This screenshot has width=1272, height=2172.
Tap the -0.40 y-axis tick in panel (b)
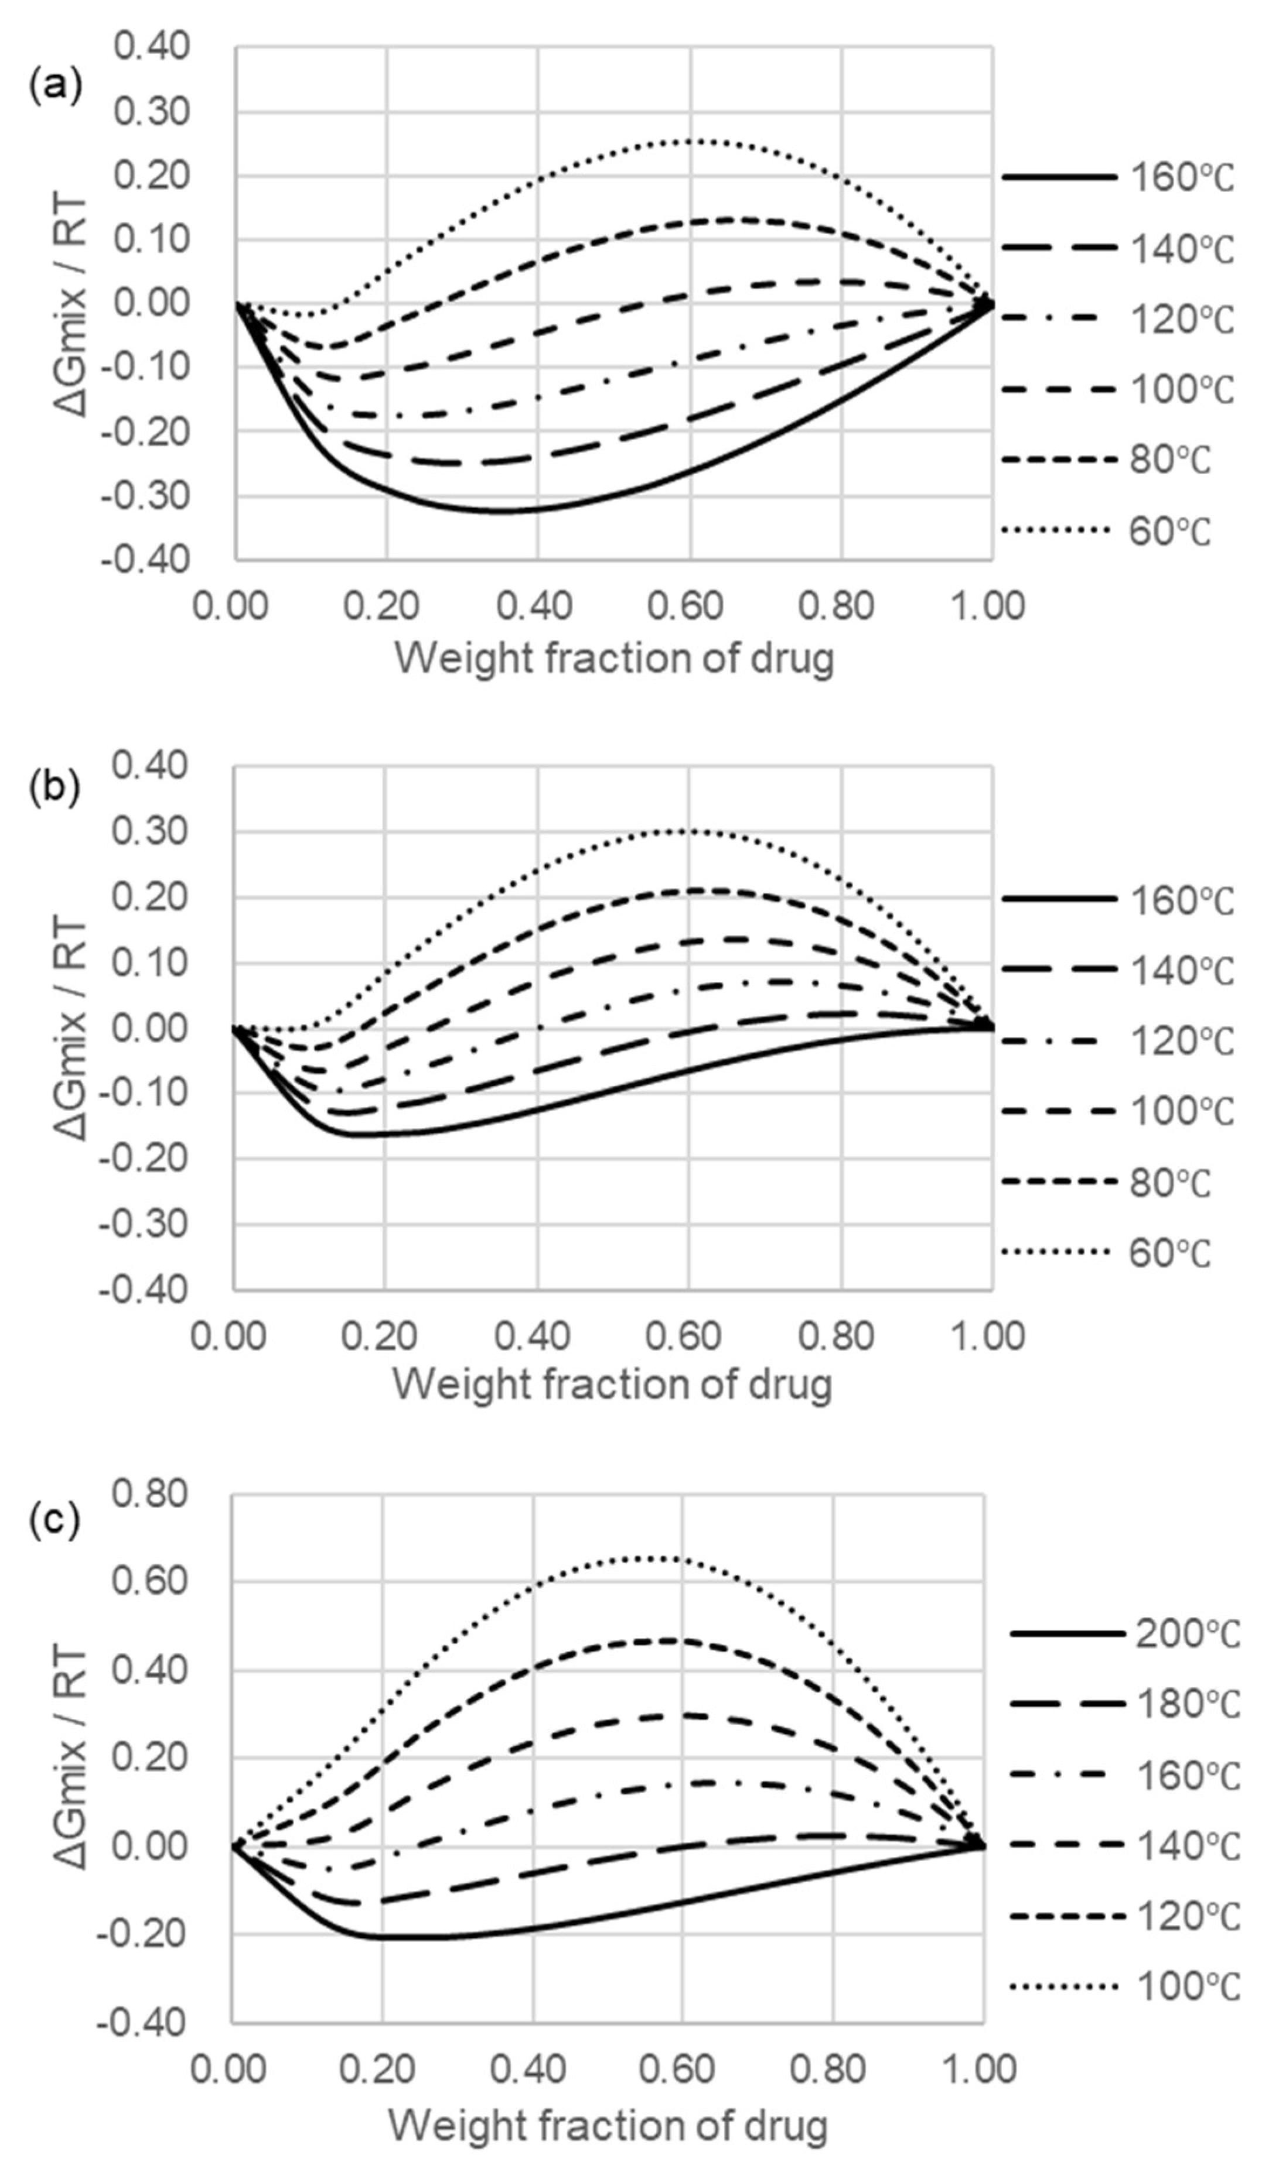(x=143, y=1289)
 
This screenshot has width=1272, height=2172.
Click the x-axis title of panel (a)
(x=614, y=659)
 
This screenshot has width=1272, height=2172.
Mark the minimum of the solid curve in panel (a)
(x=509, y=512)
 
